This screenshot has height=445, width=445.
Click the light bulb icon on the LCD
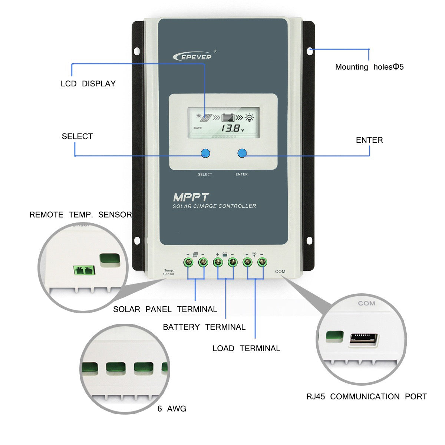pos(250,118)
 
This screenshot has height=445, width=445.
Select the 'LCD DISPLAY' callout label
pos(88,84)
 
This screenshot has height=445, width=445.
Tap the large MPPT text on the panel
pos(191,197)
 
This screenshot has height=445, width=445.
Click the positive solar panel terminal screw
pos(188,263)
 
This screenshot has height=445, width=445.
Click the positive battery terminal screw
pos(218,263)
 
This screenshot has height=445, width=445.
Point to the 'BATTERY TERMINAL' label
pos(204,327)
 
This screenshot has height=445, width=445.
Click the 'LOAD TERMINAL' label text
pos(246,349)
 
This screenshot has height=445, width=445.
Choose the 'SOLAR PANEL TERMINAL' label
pos(165,309)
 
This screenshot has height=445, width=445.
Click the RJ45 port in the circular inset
pos(364,340)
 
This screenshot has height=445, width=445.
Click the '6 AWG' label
pos(172,409)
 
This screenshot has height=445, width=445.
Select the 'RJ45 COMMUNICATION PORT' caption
pos(366,397)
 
